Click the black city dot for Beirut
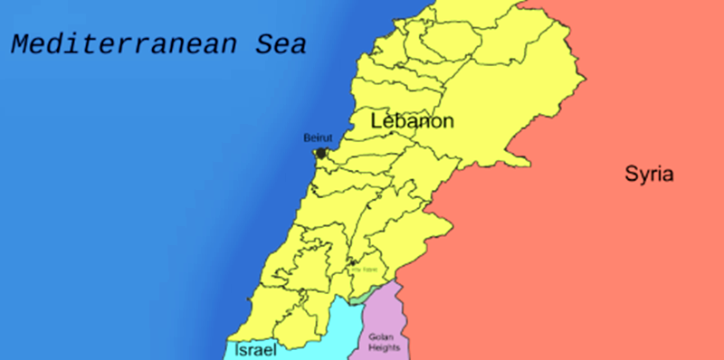click(320, 153)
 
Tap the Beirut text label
click(318, 138)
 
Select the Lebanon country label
click(412, 121)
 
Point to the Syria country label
click(649, 175)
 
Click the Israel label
click(254, 348)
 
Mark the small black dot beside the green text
click(352, 263)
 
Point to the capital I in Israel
click(236, 348)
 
